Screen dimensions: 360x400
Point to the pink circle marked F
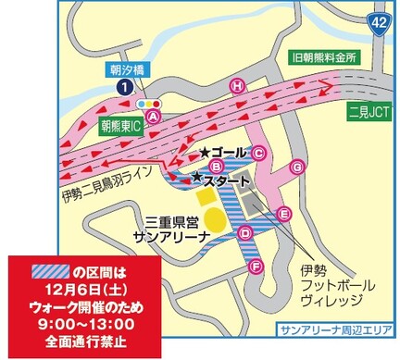click(x=256, y=267)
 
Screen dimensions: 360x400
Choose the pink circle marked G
click(x=297, y=168)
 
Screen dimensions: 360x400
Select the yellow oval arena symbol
click(x=214, y=220)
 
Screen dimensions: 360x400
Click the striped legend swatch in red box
click(x=47, y=271)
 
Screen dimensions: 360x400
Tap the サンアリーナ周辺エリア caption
click(x=336, y=330)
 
